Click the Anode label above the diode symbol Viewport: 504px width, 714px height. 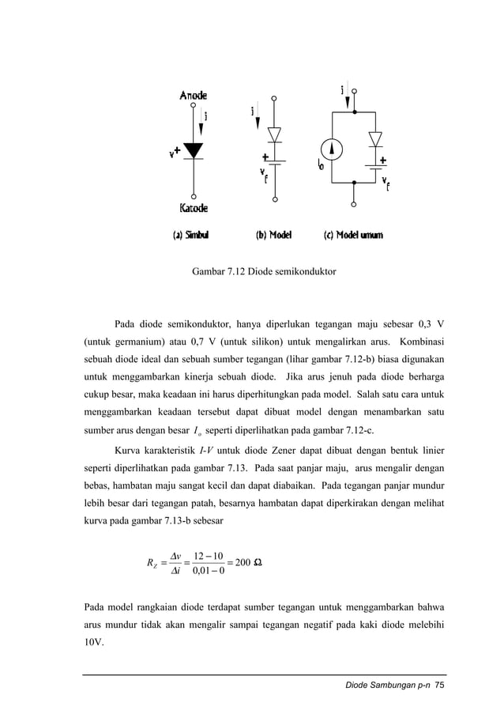[x=194, y=95]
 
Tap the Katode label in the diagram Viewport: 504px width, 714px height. [x=194, y=209]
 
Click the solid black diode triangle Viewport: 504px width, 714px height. [x=194, y=150]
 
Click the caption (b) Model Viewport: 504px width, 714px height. [x=273, y=235]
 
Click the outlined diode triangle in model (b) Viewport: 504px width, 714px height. [x=275, y=134]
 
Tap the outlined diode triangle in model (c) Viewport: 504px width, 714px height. [x=375, y=139]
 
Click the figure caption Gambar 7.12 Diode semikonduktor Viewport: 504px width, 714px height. [x=264, y=272]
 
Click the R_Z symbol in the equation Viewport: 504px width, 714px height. [x=152, y=563]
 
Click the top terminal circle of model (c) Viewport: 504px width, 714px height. [x=354, y=93]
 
